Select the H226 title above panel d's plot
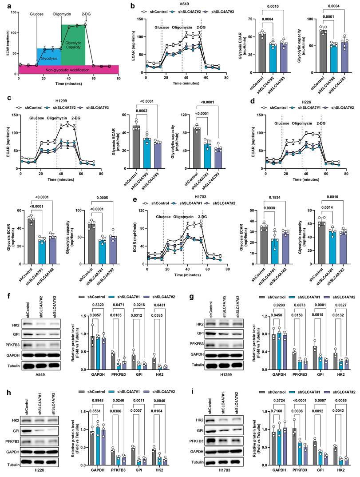pos(301,102)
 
